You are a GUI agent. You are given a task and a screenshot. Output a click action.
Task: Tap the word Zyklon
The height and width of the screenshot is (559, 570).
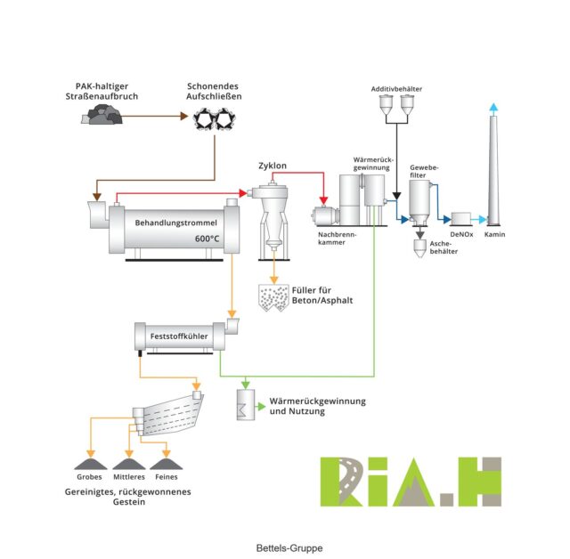(x=273, y=166)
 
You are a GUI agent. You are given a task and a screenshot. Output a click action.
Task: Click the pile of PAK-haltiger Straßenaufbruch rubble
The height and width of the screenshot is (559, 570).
(x=106, y=114)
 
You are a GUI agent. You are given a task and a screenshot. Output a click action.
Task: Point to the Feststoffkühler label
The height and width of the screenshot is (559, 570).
(x=175, y=336)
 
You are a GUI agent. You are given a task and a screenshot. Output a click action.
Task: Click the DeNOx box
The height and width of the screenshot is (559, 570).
(x=461, y=218)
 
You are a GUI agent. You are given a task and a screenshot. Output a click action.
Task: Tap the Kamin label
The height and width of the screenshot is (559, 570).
(x=495, y=234)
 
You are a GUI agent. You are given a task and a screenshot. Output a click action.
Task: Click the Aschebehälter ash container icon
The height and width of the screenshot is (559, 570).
(x=420, y=248)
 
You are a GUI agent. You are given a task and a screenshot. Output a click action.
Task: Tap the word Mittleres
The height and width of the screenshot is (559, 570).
(x=127, y=477)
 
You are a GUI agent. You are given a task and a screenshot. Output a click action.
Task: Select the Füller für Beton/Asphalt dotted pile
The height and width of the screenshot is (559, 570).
(x=272, y=298)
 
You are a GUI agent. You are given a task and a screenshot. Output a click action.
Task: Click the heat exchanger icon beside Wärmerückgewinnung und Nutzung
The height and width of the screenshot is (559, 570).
(x=242, y=407)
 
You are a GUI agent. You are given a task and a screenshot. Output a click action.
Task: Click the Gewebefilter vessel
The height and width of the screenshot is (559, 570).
(x=420, y=205)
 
